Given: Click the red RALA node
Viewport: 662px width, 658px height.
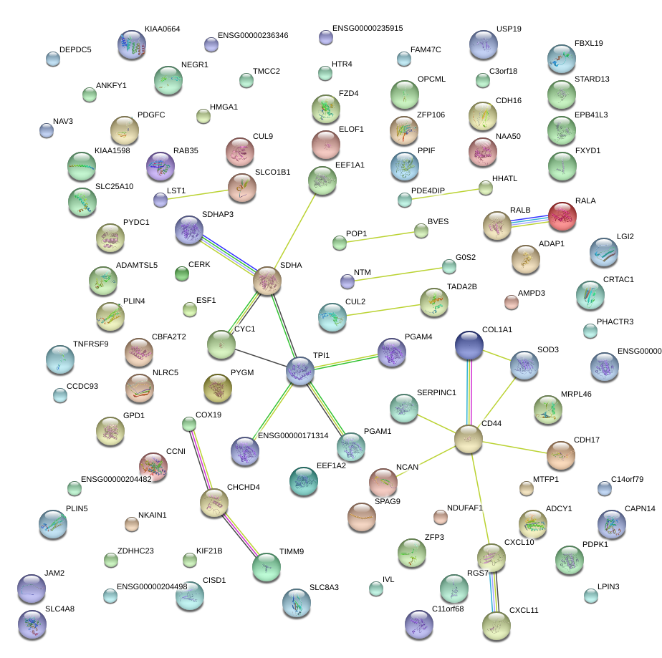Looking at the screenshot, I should tap(562, 216).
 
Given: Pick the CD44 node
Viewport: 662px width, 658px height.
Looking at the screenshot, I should tap(469, 438).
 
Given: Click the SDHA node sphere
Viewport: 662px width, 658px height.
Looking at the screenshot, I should tap(267, 281).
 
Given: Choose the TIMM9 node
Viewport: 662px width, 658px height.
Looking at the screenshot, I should tap(267, 568).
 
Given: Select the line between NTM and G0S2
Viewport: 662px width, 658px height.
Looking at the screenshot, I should tap(398, 274).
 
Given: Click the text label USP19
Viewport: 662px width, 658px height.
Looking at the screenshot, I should tap(509, 29).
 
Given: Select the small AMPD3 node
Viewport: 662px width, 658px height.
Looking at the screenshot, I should tap(511, 302).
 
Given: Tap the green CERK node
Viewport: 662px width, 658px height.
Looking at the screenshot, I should tap(182, 274).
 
